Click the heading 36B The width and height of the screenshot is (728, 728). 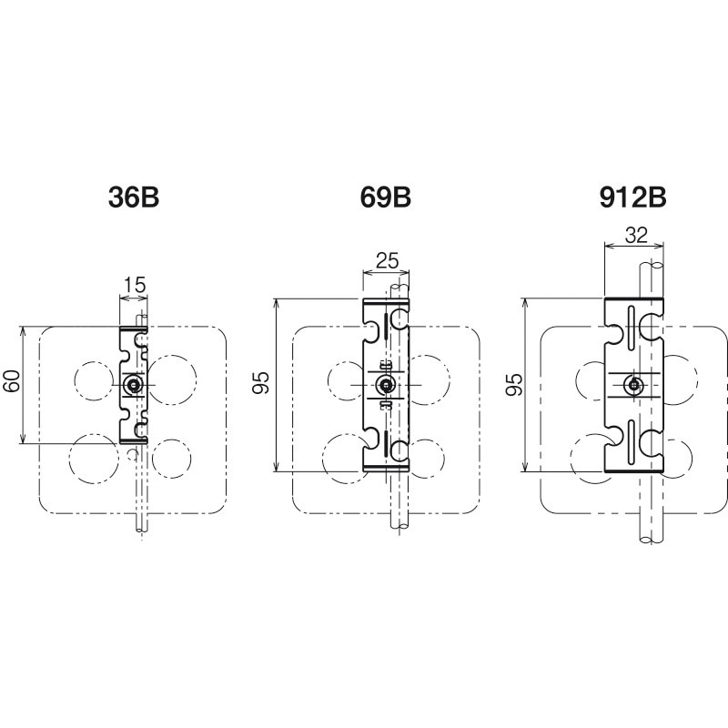134,197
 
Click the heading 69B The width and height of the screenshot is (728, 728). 385,197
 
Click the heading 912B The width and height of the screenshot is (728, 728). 632,197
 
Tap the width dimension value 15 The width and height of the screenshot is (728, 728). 135,285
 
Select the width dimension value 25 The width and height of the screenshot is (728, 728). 388,261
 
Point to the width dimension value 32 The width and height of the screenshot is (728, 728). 635,236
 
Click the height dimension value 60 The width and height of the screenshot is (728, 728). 13,380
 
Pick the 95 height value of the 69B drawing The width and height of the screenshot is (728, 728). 261,383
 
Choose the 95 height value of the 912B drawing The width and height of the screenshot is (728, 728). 514,384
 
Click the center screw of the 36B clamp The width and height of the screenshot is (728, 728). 134,384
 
